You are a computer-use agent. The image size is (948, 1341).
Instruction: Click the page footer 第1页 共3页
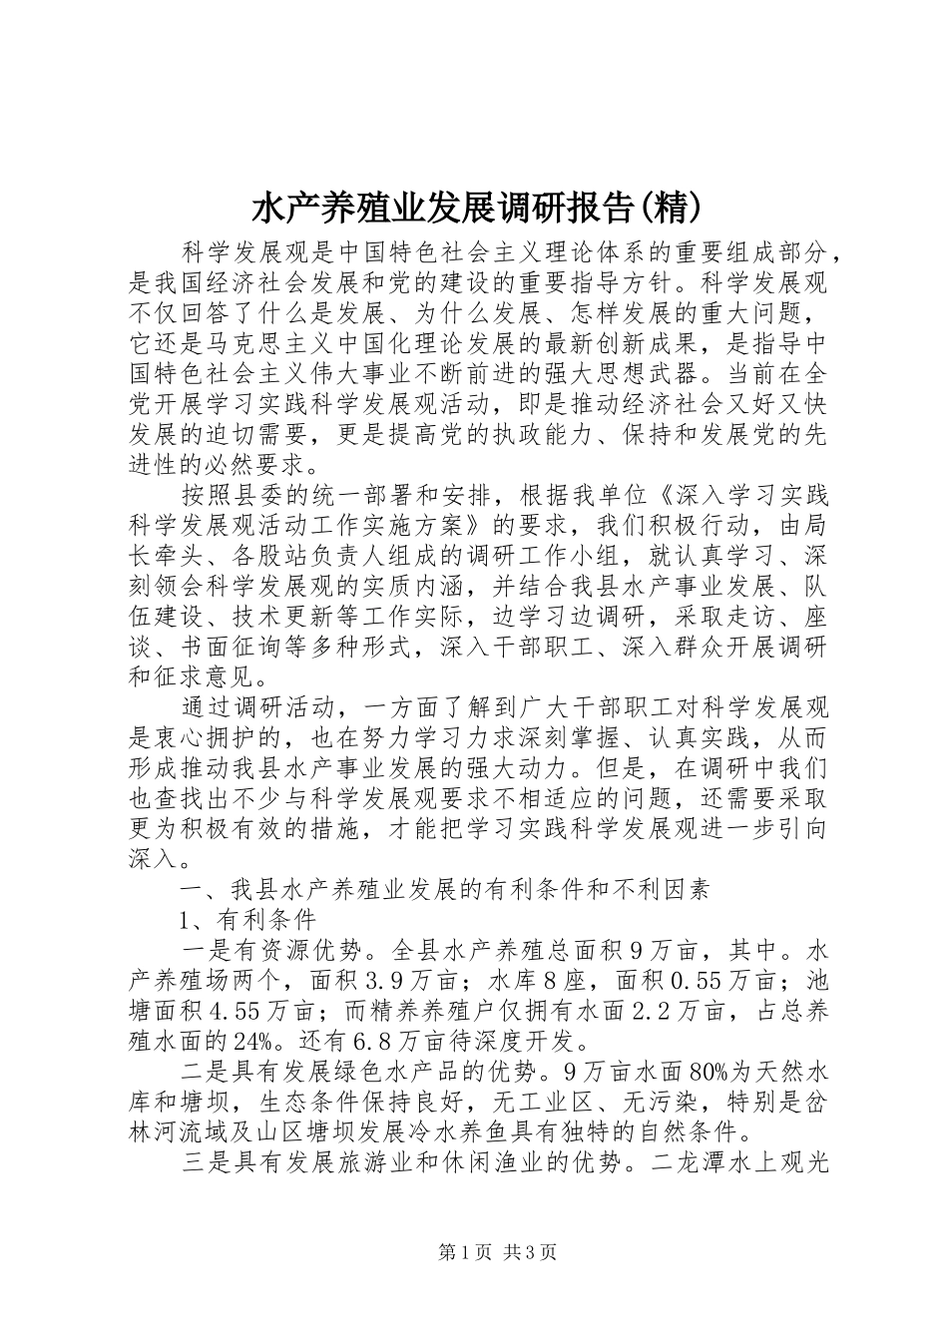coord(474,1252)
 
